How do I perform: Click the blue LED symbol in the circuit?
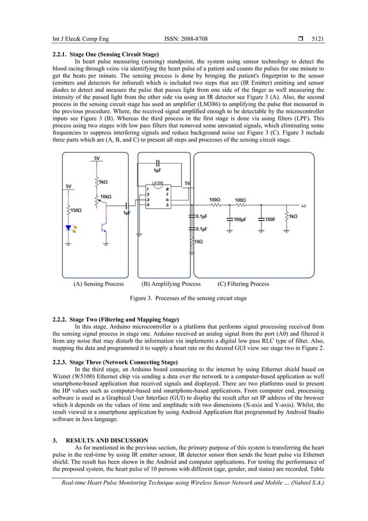(x=70, y=227)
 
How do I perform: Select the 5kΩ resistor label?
(x=104, y=181)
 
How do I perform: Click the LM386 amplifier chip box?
(x=156, y=196)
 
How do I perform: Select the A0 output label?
(x=305, y=205)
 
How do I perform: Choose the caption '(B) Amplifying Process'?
(x=171, y=284)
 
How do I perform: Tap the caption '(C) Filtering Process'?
(x=243, y=284)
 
